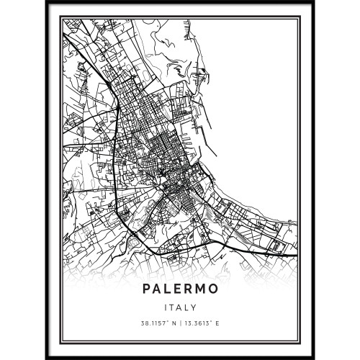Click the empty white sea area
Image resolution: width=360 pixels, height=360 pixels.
coord(259,108)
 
